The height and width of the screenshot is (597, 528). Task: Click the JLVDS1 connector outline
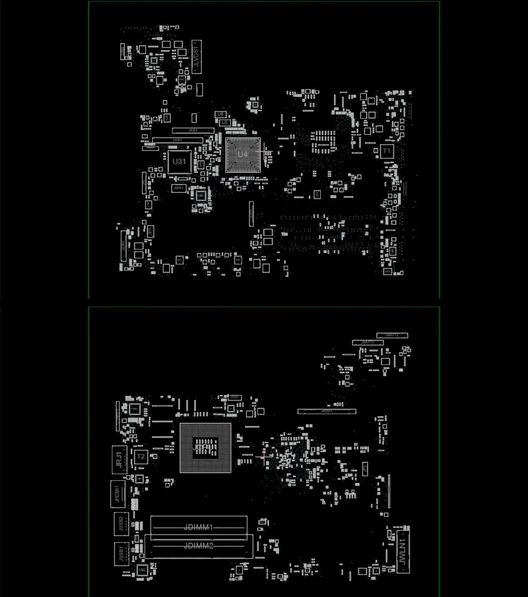(x=196, y=57)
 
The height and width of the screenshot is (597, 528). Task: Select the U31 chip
(x=179, y=162)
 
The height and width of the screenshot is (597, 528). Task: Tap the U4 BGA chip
(x=243, y=155)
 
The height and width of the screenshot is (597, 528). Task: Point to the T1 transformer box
(x=386, y=151)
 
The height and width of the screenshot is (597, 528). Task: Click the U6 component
(x=220, y=114)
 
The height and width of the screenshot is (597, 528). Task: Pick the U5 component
(x=225, y=122)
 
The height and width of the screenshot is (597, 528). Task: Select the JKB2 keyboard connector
(x=193, y=131)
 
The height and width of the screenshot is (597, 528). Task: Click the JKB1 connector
(x=177, y=140)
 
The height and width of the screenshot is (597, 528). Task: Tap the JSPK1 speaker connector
(x=179, y=188)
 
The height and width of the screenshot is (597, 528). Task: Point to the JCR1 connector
(x=124, y=246)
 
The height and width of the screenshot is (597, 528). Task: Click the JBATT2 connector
(x=392, y=335)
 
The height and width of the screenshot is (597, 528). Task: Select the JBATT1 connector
(x=368, y=342)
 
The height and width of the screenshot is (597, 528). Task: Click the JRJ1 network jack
(x=119, y=460)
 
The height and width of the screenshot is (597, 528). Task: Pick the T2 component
(x=141, y=457)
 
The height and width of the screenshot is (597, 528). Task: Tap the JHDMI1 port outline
(x=117, y=494)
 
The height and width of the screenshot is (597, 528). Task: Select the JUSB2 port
(x=121, y=524)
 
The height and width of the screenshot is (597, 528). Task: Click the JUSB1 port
(x=121, y=553)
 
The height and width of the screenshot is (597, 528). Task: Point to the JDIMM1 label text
(x=198, y=527)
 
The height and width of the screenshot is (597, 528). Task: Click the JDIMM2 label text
(x=198, y=546)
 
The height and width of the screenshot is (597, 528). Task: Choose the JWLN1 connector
(x=403, y=551)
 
